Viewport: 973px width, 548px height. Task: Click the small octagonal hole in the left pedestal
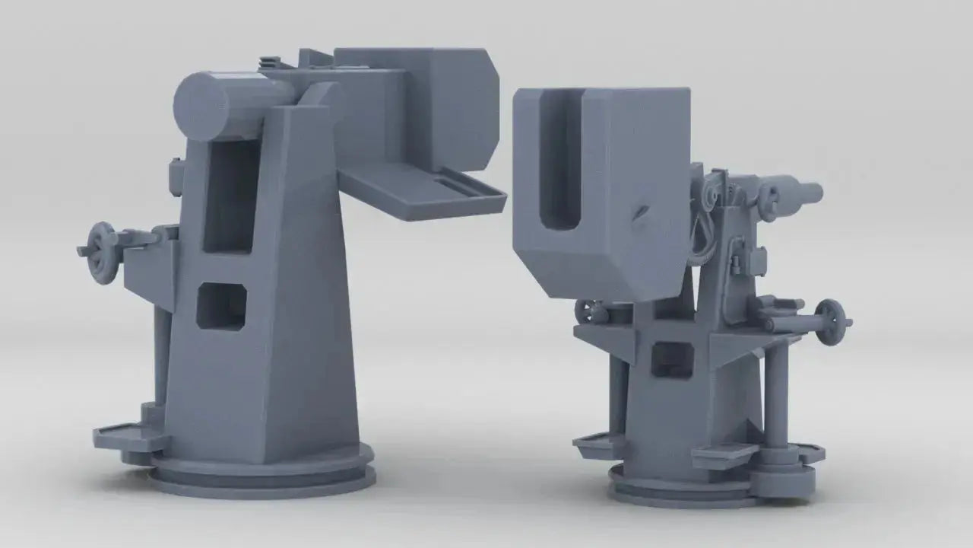221,307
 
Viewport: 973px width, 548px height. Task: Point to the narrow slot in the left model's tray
455,185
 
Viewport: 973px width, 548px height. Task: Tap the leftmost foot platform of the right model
597,445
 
